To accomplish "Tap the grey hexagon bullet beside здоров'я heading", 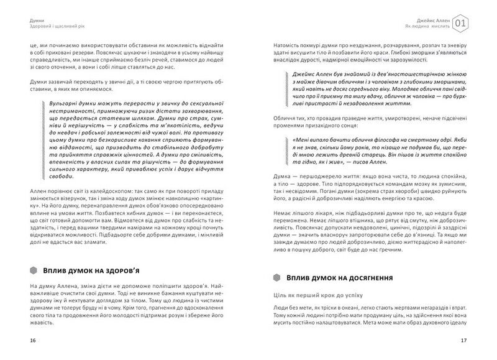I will [x=34, y=270].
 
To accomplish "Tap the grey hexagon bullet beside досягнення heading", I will [x=277, y=276].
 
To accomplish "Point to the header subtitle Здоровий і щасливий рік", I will [x=58, y=27].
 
